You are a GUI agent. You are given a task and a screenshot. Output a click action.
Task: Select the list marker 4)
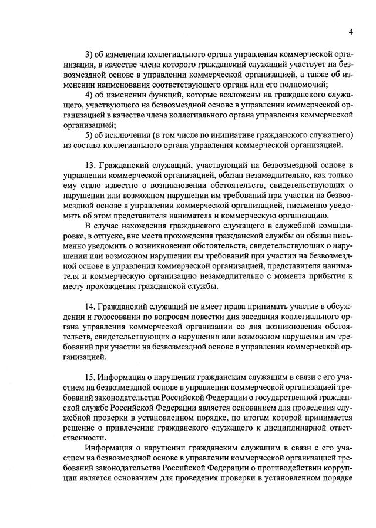(x=89, y=95)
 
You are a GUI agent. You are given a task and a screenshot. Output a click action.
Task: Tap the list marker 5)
(x=89, y=135)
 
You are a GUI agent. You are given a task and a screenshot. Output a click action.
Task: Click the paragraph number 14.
(x=90, y=307)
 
